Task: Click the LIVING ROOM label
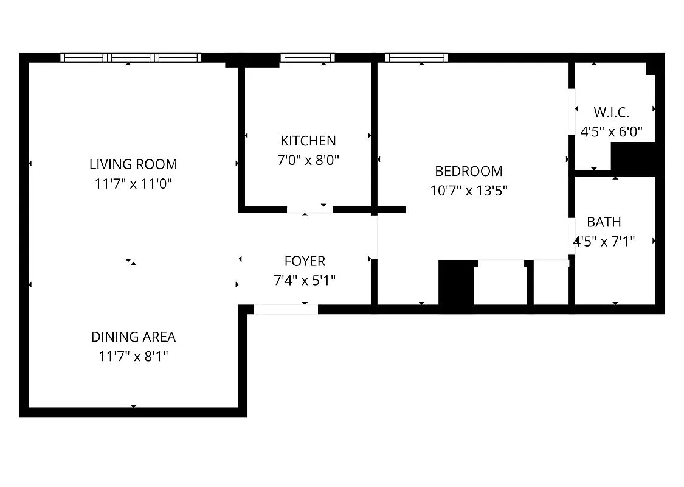(x=133, y=164)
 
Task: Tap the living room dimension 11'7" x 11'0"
(x=133, y=183)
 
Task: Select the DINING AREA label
(x=133, y=337)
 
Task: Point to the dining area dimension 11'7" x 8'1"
(x=133, y=356)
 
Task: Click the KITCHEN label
(x=308, y=141)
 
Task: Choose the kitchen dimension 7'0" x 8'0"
(x=308, y=160)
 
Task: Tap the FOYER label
(x=305, y=261)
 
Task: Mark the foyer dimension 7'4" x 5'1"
(x=305, y=281)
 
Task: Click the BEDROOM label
(x=469, y=171)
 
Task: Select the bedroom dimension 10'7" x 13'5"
(x=469, y=191)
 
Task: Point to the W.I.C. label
(x=611, y=112)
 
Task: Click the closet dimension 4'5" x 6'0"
(x=611, y=131)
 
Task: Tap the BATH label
(x=604, y=222)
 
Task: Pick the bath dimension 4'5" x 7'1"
(x=605, y=241)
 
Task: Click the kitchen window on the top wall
(x=308, y=58)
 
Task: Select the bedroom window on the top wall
(x=416, y=58)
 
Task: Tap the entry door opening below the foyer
(x=285, y=309)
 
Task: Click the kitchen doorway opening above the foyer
(x=309, y=209)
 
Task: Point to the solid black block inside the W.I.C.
(x=632, y=157)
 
